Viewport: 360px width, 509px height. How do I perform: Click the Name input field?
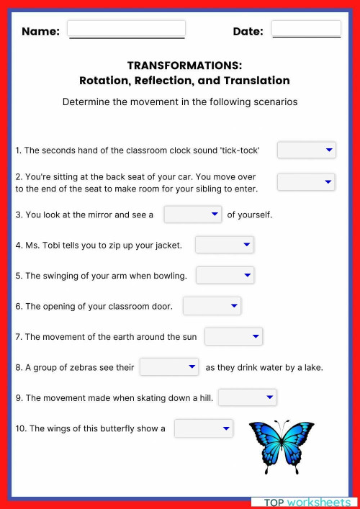coord(126,29)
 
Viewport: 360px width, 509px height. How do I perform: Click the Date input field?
coord(306,29)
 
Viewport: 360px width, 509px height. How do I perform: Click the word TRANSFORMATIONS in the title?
coord(184,66)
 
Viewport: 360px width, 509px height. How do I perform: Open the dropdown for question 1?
coord(306,150)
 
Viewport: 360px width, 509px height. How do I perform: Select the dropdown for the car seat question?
coord(306,182)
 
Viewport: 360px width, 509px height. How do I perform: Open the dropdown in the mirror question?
coord(192,215)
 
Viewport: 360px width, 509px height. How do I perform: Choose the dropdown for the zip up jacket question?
coord(224,246)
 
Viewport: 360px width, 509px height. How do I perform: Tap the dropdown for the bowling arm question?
coord(225,275)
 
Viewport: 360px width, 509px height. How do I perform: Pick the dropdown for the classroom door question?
coord(212,306)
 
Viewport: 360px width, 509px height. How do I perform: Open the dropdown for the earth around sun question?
coord(233,336)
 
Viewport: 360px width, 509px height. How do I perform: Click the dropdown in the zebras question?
coord(168,367)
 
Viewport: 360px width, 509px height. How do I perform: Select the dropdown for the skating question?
coord(247,397)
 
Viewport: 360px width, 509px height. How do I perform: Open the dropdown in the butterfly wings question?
coord(204,429)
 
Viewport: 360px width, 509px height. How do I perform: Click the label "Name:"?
coord(40,32)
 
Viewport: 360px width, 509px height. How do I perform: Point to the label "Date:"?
coord(248,32)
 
